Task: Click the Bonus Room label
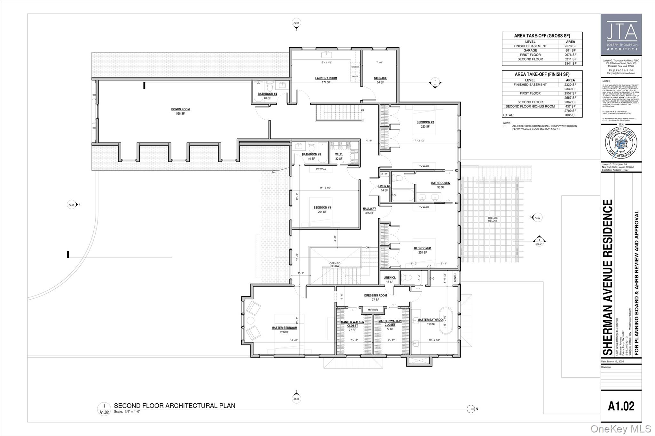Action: [x=180, y=109]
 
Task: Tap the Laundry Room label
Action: [x=326, y=78]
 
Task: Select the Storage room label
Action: [x=380, y=78]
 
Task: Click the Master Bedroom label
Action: [x=284, y=328]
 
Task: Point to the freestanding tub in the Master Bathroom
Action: [x=446, y=321]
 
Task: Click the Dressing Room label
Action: [x=375, y=295]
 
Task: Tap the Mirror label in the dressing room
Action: [x=373, y=310]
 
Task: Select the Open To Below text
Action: [x=335, y=265]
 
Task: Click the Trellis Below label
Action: [x=493, y=219]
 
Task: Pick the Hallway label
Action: [x=369, y=209]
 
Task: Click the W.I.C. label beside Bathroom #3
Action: [x=339, y=155]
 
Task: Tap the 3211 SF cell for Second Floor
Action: [x=570, y=59]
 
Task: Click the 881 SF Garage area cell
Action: [x=570, y=51]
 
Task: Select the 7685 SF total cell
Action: [x=570, y=115]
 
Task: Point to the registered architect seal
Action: [x=621, y=143]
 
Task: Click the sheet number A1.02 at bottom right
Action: [x=621, y=406]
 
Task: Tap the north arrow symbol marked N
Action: [x=471, y=409]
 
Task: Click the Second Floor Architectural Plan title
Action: [x=175, y=406]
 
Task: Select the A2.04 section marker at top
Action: [x=296, y=23]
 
